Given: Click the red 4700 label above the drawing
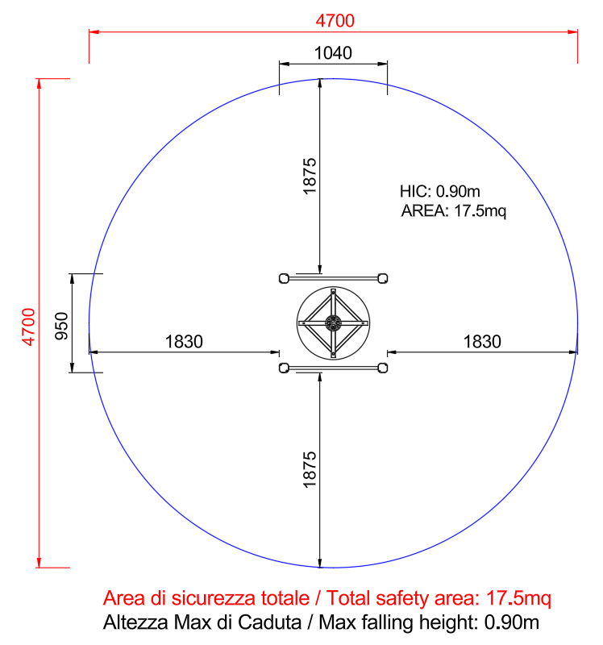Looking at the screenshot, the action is (335, 21).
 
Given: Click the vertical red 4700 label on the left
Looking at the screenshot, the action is (29, 327).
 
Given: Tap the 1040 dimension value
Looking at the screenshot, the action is (333, 53).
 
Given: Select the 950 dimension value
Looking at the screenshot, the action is (61, 327).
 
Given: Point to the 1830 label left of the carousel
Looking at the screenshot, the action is (184, 342).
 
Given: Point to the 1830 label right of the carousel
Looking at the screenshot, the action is (482, 342).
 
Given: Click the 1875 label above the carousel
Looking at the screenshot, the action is (310, 176).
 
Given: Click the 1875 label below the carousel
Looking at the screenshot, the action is (310, 470).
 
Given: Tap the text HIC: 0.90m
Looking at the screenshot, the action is (439, 191).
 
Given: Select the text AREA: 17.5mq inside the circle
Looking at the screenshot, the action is (453, 211).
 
